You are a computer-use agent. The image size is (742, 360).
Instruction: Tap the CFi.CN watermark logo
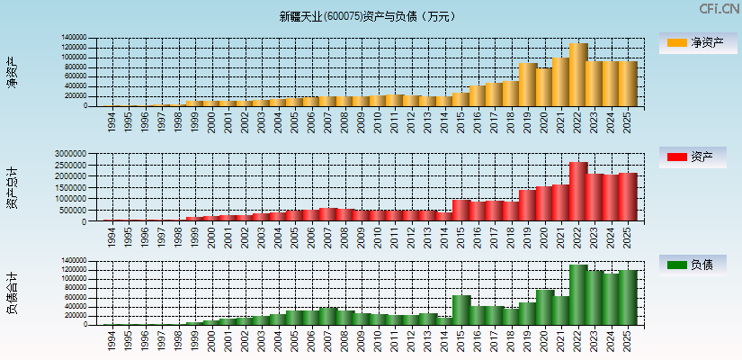click(719, 8)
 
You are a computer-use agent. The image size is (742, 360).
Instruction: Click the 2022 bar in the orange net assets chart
click(577, 75)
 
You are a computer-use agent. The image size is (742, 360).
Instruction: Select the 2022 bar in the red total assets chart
click(577, 192)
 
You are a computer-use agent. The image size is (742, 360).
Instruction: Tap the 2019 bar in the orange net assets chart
click(528, 85)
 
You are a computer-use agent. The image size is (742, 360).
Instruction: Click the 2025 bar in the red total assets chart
click(627, 197)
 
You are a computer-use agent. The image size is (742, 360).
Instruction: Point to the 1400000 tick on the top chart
click(74, 38)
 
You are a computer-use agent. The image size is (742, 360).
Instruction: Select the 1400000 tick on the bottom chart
click(74, 261)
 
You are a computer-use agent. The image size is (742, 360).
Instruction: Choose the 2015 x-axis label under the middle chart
click(461, 238)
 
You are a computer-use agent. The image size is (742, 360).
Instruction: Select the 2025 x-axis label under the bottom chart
click(627, 341)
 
